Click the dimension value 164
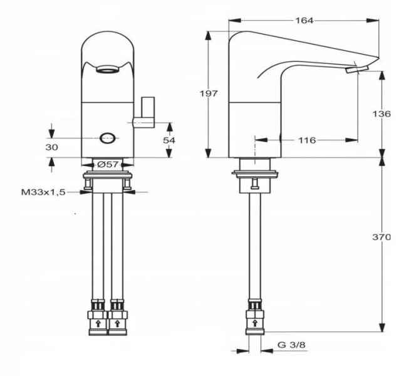click(x=304, y=21)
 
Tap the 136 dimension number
click(x=381, y=114)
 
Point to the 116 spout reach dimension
click(x=306, y=140)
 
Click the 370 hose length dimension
click(x=381, y=238)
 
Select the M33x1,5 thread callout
click(x=44, y=192)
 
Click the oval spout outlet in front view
click(x=107, y=70)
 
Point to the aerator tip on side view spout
click(x=351, y=70)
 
